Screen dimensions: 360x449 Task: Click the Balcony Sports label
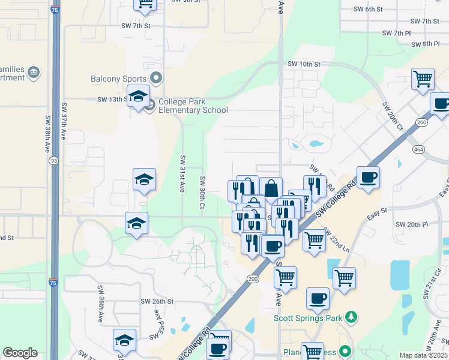pos(118,79)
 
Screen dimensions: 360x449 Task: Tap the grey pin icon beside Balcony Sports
pos(157,78)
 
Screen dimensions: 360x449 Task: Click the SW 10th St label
pos(304,64)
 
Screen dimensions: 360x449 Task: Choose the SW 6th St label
pos(368,9)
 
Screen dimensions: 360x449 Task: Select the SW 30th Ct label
pos(202,193)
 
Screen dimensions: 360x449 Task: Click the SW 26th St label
pos(157,301)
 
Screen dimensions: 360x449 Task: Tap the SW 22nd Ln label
pos(336,239)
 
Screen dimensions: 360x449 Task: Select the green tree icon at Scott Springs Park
pos(354,316)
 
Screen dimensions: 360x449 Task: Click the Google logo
pos(20,353)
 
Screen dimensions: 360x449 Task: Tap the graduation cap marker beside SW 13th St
pos(138,97)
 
